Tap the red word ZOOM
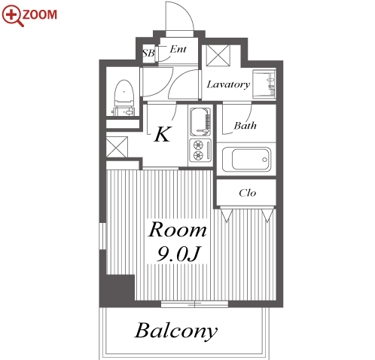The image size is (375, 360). pos(40,15)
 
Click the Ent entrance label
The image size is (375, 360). pos(178,49)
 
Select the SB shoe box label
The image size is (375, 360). pos(148,53)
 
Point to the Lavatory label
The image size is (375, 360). pos(228,84)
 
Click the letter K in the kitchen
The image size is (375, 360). pos(163,134)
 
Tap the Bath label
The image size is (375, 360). pos(245,125)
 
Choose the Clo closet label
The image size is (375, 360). pos(248,193)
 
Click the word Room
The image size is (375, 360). pos(178,230)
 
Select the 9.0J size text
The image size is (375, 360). pos(178,254)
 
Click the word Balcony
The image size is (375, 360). pos(176,331)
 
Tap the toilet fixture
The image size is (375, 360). pos(124,98)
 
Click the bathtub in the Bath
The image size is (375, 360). pos(246,159)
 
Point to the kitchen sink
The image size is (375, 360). pos(200,121)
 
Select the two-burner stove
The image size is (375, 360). pos(200,150)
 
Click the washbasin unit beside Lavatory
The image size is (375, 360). pos(264,84)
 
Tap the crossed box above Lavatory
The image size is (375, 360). pos(218,56)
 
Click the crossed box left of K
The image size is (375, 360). pos(117,147)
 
